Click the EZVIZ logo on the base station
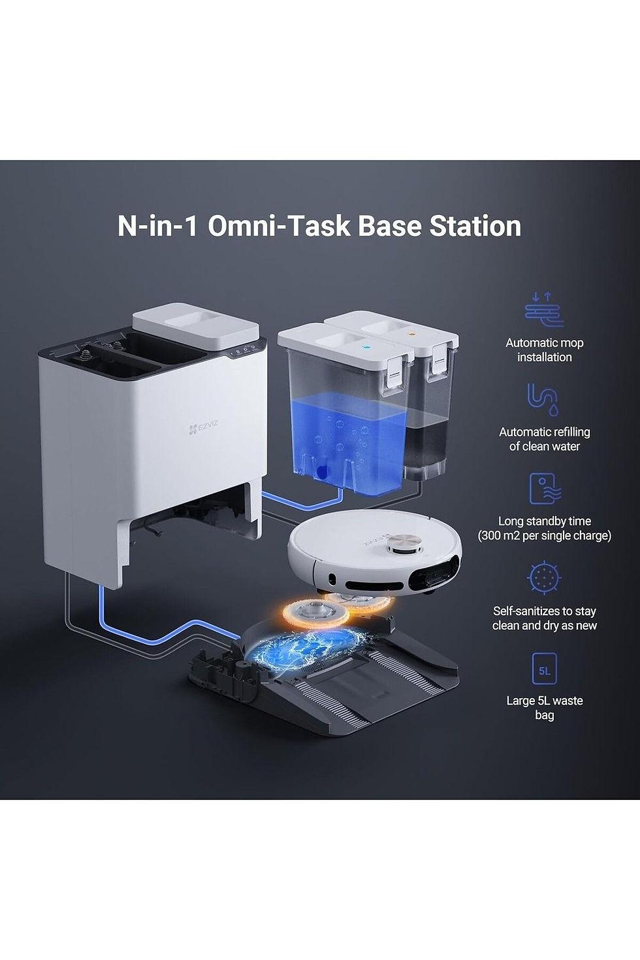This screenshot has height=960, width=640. pyautogui.click(x=203, y=427)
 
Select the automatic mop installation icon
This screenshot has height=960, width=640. pyautogui.click(x=545, y=309)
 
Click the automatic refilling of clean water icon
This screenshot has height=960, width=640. pyautogui.click(x=543, y=399)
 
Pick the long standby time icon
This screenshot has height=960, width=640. pyautogui.click(x=545, y=488)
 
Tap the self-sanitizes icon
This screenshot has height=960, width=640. pyautogui.click(x=544, y=578)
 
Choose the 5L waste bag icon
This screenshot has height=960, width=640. pyautogui.click(x=544, y=669)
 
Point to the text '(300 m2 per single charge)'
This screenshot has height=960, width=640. pyautogui.click(x=545, y=536)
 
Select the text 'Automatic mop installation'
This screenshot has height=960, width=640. pyautogui.click(x=545, y=350)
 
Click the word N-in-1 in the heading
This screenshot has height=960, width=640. pyautogui.click(x=157, y=226)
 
